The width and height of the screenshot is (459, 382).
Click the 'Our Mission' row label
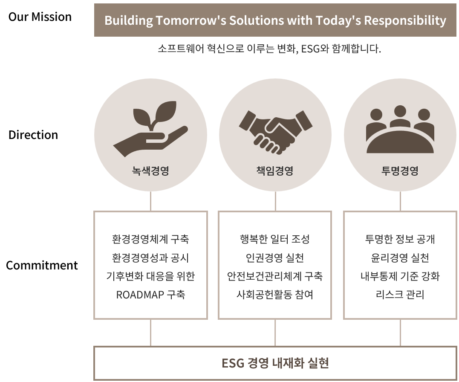point(40,17)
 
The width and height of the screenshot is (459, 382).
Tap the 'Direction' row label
point(33,135)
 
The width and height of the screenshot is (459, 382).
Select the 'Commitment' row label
point(42,266)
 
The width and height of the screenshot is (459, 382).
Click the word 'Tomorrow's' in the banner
point(191,20)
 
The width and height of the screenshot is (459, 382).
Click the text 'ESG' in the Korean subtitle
point(310,49)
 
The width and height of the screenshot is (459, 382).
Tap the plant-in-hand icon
point(150,129)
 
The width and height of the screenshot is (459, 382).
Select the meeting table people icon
point(400,129)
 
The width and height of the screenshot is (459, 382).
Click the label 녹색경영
point(150,171)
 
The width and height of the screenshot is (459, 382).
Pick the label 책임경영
point(275,171)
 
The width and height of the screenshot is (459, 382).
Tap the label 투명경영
point(400,171)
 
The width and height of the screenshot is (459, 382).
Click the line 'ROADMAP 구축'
point(150,295)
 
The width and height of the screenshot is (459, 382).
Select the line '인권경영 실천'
point(275,258)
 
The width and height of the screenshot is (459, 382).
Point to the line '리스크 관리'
point(400,295)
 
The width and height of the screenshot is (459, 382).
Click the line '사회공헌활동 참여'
point(275,295)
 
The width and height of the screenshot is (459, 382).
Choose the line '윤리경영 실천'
point(400,258)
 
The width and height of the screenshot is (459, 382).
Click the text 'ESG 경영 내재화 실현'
point(275,363)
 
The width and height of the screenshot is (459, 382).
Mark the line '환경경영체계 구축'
point(150,239)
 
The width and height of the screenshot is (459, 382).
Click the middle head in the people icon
point(400,111)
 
